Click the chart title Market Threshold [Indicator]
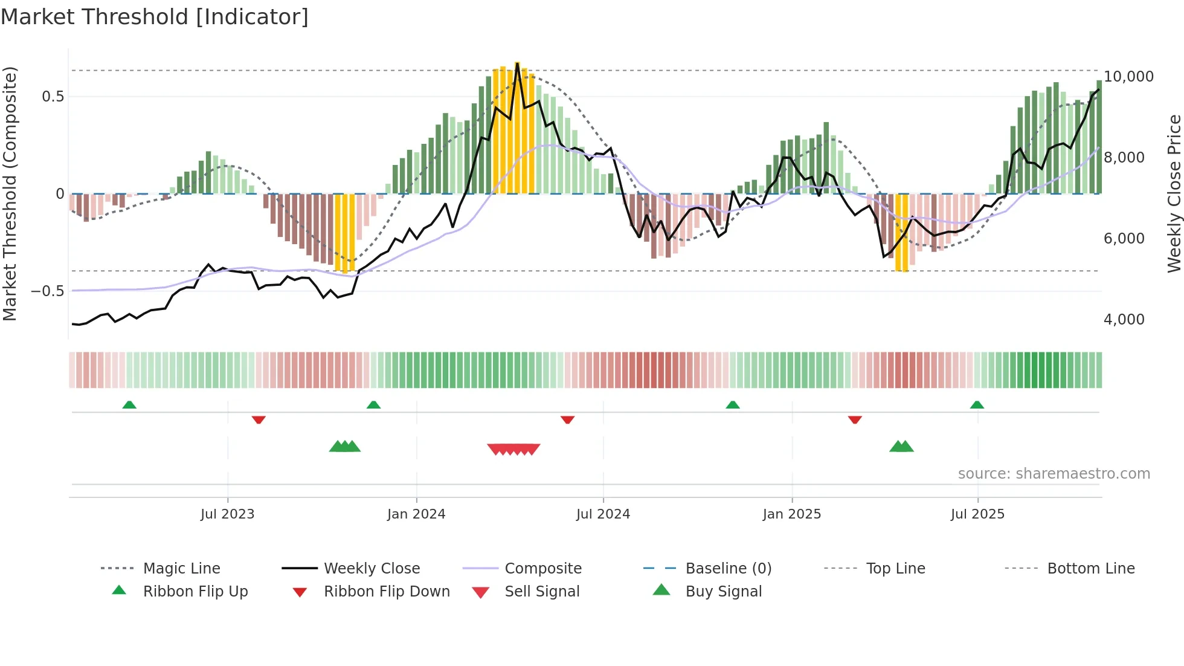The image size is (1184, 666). coord(155,17)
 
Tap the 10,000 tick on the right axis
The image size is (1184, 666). coord(1128,77)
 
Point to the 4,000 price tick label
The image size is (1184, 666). coord(1124,320)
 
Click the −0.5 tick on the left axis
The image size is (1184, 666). coord(47,291)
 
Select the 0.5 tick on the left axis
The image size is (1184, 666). coord(53,97)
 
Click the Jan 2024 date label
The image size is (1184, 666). coord(416,514)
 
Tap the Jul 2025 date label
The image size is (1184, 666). coord(977,514)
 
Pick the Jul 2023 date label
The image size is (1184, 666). coord(228,514)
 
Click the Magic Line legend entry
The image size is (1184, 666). coord(181,569)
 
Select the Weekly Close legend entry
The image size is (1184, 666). coord(372,569)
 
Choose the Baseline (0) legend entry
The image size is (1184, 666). coord(728,569)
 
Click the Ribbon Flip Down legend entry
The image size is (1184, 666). coord(387,592)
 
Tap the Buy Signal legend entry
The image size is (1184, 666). coord(723,592)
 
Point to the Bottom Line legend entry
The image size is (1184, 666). coord(1090,569)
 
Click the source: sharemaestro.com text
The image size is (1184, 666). coord(1054,474)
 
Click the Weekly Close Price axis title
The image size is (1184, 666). coord(1174,193)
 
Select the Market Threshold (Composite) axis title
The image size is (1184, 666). coord(10,193)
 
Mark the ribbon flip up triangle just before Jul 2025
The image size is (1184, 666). coord(977,405)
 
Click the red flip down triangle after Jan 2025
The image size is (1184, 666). coord(855,419)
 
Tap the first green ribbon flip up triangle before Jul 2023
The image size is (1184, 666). coord(129,405)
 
